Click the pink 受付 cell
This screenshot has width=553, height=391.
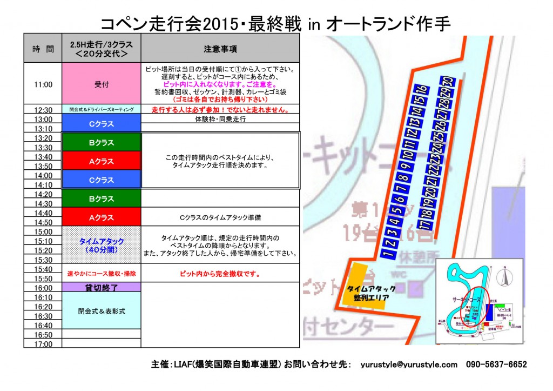point(102,84)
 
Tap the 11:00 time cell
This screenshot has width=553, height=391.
point(43,84)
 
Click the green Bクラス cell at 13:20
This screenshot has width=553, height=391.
point(102,143)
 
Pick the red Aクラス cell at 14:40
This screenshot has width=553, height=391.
point(102,217)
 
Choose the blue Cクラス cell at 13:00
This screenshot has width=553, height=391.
point(102,123)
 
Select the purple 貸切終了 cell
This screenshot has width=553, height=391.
point(102,288)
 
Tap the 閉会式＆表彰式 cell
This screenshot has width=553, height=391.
point(102,312)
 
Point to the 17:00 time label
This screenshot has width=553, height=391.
point(43,344)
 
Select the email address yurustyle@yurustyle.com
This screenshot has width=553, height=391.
point(409,365)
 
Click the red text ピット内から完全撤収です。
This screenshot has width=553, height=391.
point(220,274)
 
